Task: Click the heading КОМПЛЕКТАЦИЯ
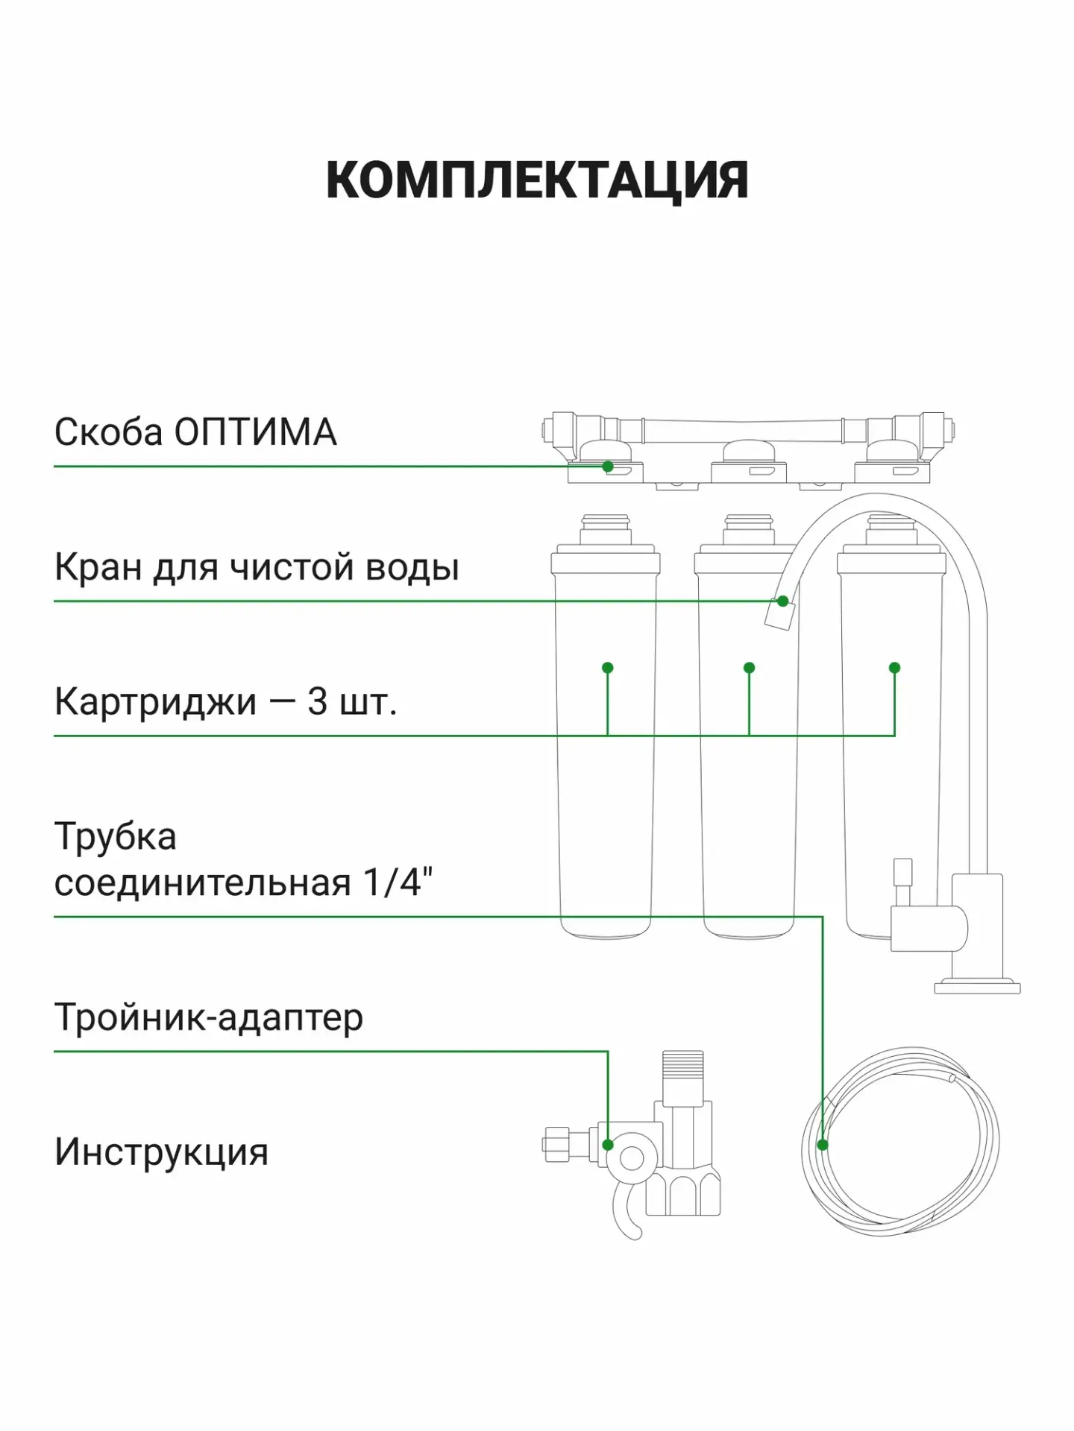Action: (x=537, y=181)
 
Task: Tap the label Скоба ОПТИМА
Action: (x=195, y=432)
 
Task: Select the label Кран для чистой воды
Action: (x=257, y=568)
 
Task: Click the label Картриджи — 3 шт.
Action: (x=225, y=702)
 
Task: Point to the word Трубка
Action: (x=116, y=838)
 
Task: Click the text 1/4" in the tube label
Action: (x=398, y=882)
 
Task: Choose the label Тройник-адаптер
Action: (x=209, y=1017)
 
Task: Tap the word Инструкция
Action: (x=161, y=1152)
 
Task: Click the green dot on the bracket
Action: (x=608, y=467)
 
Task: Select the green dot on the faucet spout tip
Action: (x=782, y=601)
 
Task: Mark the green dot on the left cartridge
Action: (x=608, y=668)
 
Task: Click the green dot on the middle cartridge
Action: (x=750, y=668)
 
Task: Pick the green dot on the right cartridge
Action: (x=895, y=668)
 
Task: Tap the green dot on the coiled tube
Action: (x=823, y=1145)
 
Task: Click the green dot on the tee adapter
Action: (x=608, y=1145)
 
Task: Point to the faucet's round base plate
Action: (x=977, y=987)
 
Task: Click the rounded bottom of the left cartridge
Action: (x=606, y=928)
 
